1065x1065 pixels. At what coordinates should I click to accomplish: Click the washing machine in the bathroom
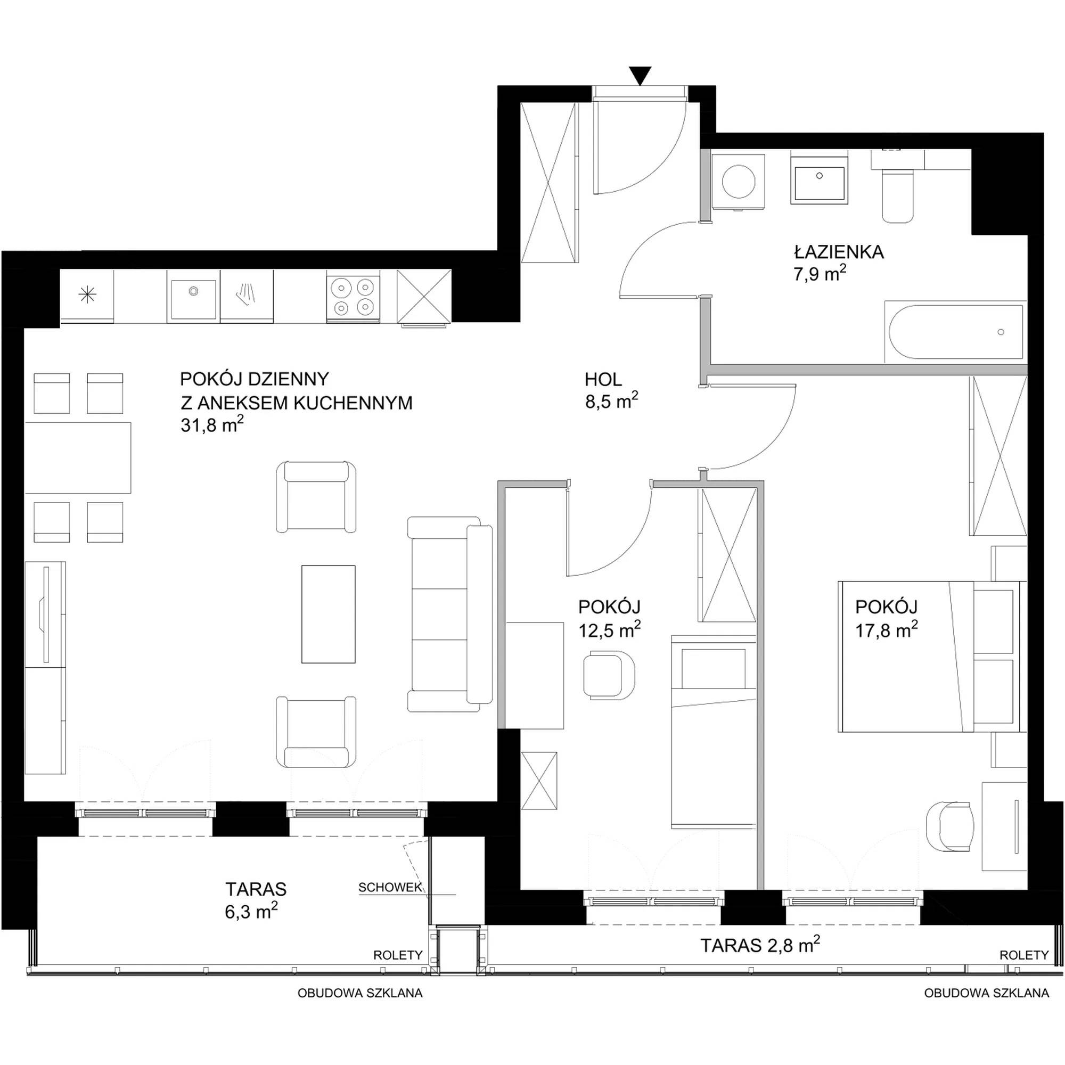coord(739,181)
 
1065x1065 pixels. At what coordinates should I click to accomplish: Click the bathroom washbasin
coord(820,177)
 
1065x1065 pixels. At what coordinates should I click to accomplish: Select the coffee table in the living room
coord(328,613)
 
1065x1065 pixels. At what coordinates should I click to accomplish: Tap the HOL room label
coord(603,379)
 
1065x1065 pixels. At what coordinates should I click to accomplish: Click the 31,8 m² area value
coord(212,425)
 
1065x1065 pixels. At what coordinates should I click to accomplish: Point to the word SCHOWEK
coord(390,888)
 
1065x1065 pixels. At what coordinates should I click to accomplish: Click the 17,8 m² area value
coord(887,629)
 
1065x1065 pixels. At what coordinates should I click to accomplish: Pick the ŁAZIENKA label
coord(839,252)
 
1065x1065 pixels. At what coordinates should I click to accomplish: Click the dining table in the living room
coord(78,457)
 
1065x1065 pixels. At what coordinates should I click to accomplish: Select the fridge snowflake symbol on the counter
coord(87,296)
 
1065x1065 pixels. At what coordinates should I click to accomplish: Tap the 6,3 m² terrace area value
coord(251,911)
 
